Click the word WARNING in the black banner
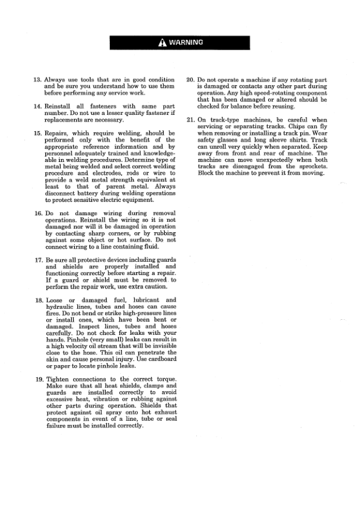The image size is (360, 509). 185,42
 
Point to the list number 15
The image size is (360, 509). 37,132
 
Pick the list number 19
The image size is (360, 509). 37,380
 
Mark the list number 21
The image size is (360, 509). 190,120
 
